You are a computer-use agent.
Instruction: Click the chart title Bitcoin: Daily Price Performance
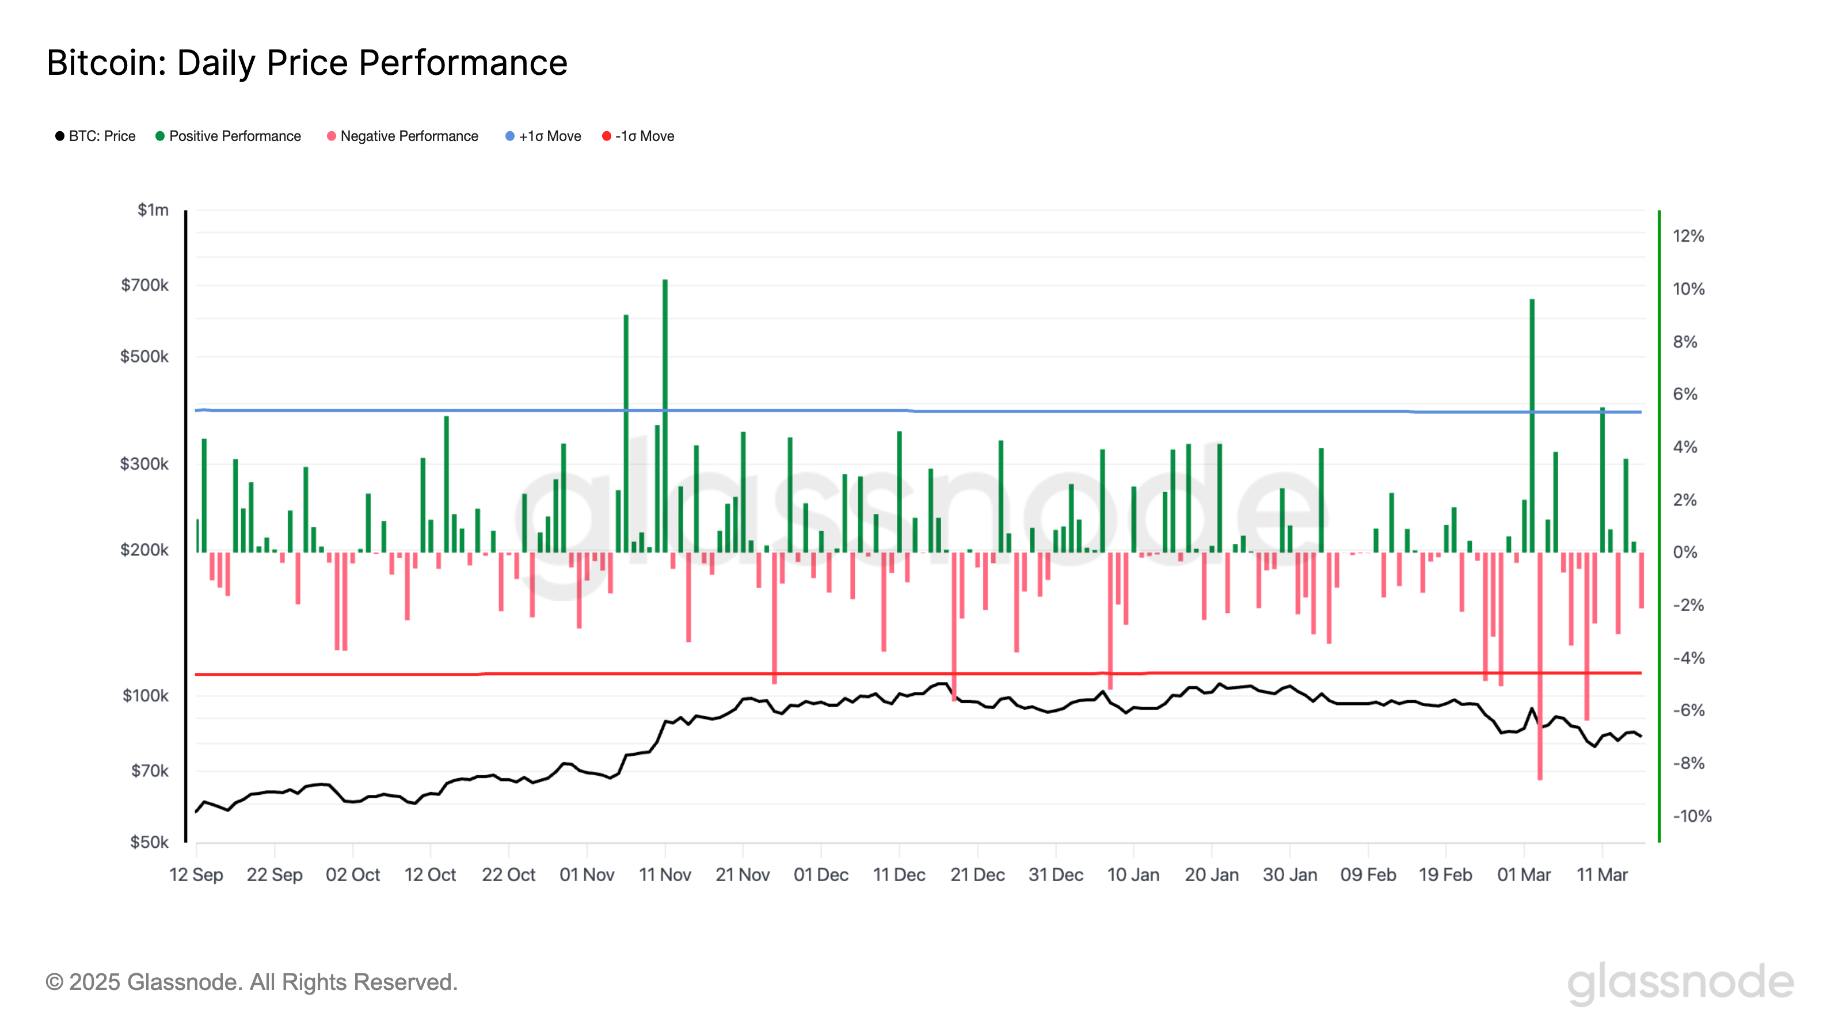(307, 63)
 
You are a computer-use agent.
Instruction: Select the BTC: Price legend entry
(95, 136)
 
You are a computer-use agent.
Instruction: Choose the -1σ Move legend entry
(638, 136)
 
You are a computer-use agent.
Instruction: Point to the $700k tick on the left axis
(144, 285)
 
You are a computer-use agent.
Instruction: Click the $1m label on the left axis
(153, 210)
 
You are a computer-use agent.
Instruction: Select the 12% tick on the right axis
(1688, 236)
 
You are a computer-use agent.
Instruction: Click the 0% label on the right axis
(1685, 552)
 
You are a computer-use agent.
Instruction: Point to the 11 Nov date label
(664, 874)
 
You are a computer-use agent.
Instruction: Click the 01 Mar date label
(1524, 874)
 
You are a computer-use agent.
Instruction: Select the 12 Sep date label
(196, 874)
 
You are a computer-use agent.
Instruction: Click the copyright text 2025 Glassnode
(252, 982)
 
